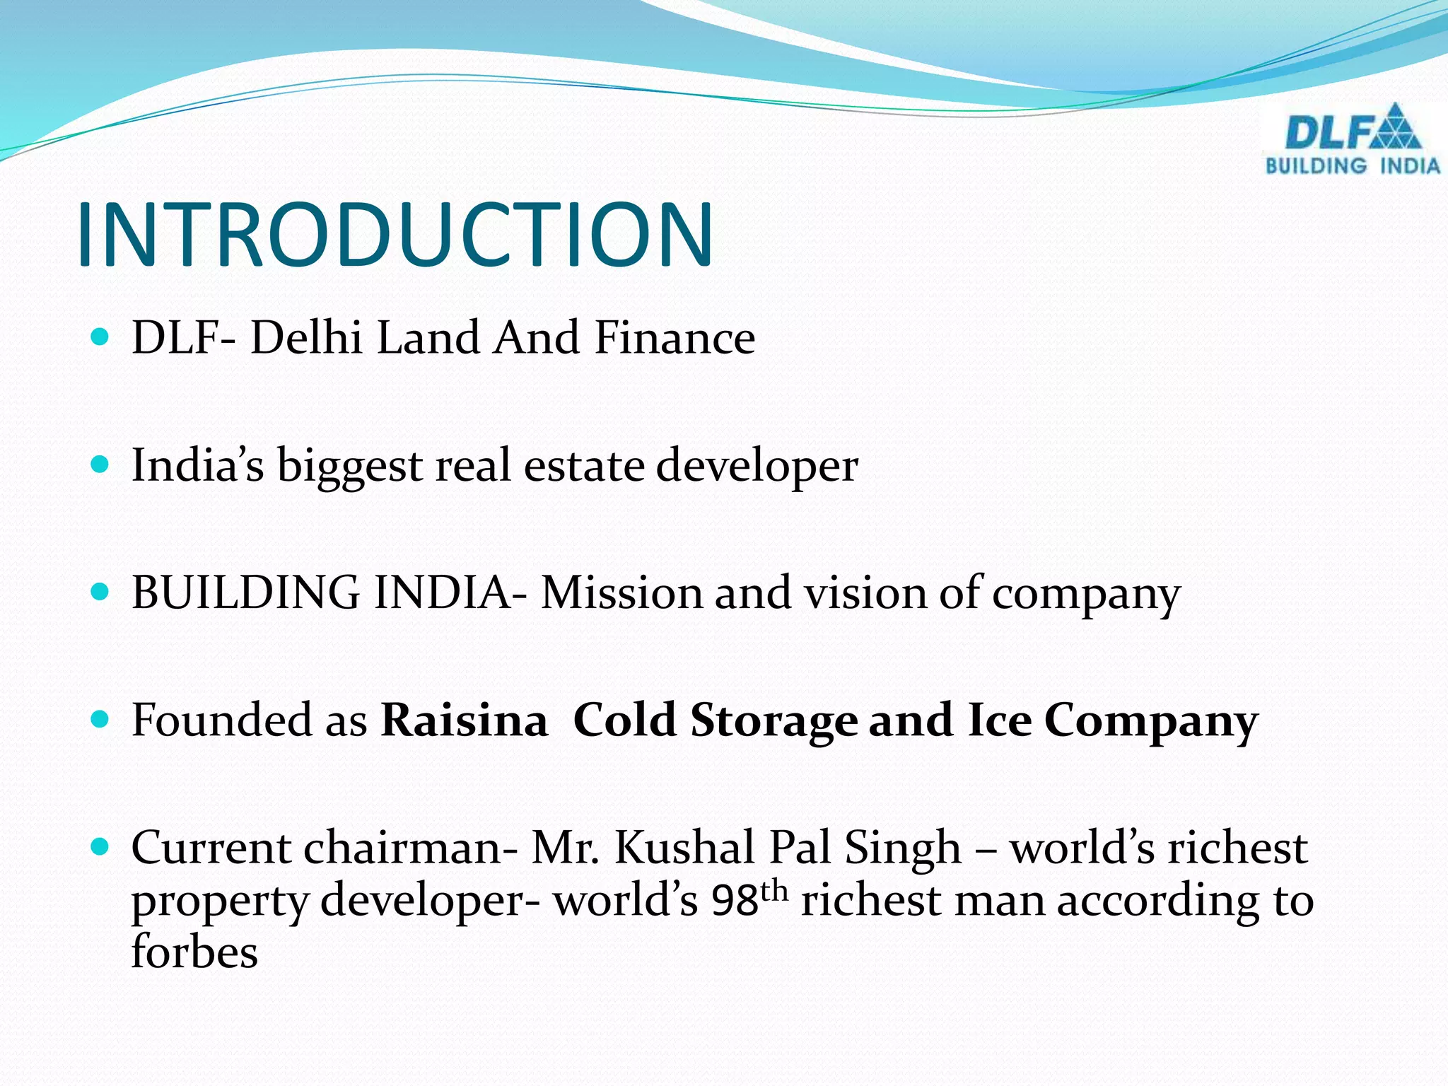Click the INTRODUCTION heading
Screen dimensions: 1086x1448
coord(395,235)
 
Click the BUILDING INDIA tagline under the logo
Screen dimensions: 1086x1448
coord(1352,166)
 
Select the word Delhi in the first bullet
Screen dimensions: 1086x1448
coord(306,337)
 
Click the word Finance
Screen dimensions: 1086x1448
coord(675,337)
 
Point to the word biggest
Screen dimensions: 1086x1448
coord(349,467)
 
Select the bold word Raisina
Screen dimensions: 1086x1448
coord(465,720)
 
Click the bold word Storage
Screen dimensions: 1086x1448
coord(773,722)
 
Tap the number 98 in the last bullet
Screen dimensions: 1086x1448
coord(735,901)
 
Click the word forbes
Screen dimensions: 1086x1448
coord(194,952)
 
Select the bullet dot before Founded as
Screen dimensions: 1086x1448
coord(100,720)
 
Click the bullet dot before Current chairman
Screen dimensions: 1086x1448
coord(100,846)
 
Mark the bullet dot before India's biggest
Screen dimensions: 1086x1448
coord(100,465)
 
